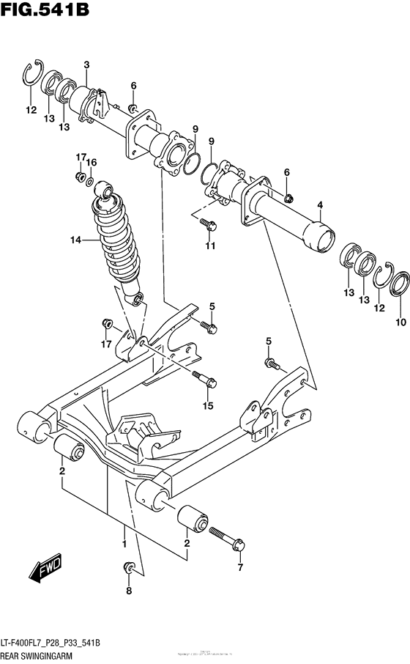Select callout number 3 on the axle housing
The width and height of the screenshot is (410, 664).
point(86,65)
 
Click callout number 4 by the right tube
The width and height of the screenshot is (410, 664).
point(319,205)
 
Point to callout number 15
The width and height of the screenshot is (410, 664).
point(207,405)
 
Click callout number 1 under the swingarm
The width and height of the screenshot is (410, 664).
point(124,544)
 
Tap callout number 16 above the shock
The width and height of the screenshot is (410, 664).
point(92,162)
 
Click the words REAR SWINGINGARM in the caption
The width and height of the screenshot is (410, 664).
point(37,654)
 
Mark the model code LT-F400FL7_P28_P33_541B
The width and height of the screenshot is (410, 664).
point(52,643)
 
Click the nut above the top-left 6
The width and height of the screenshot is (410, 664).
point(133,109)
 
